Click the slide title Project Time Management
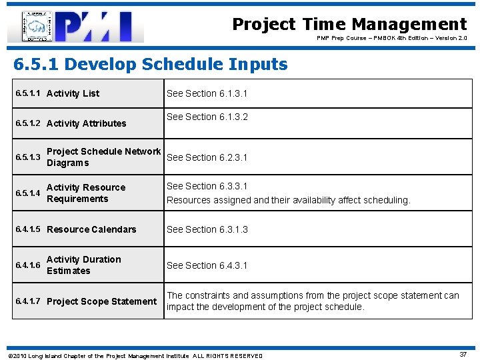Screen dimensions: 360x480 point(349,25)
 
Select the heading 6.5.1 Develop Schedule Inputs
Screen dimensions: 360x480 point(151,65)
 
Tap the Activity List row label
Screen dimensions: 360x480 point(73,93)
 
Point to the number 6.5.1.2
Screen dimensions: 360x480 point(28,123)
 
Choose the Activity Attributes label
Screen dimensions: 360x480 point(86,123)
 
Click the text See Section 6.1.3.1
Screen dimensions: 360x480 point(207,93)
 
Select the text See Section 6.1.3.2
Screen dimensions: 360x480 point(207,117)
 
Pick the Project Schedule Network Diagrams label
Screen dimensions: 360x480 point(103,157)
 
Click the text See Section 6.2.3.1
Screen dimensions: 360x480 point(207,157)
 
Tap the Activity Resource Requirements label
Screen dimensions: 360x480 point(85,193)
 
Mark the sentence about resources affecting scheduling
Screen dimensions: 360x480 point(288,200)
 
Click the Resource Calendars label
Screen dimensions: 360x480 point(91,229)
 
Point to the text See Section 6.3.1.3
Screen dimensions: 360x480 point(207,229)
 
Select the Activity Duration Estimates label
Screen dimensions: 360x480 point(83,265)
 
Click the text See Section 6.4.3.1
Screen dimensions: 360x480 point(207,265)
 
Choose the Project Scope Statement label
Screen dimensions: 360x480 point(101,301)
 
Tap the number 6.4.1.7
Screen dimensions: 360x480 point(28,301)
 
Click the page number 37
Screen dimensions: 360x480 point(463,355)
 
